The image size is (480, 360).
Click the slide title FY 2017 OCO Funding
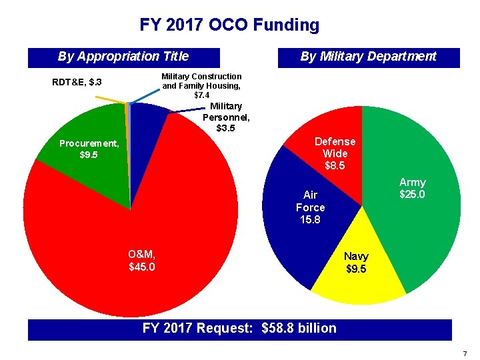(x=229, y=25)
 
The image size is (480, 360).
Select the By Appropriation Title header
(x=123, y=57)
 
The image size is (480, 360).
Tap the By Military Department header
(x=368, y=57)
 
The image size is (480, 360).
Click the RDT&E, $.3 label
(x=77, y=83)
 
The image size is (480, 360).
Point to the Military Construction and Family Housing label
(x=201, y=86)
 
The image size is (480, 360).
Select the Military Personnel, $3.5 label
(x=226, y=117)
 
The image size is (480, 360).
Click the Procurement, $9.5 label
(x=89, y=149)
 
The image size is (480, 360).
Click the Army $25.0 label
(x=412, y=188)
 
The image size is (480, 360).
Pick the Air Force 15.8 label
(x=310, y=207)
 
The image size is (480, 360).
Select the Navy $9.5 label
(x=356, y=263)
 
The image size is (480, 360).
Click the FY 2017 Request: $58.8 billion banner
(x=240, y=328)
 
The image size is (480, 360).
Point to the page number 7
(x=465, y=352)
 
